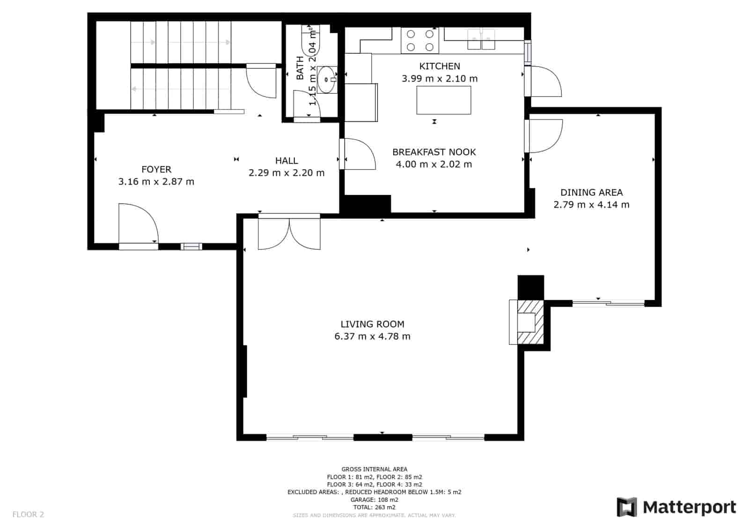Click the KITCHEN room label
point(440,66)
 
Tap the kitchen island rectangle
point(443,100)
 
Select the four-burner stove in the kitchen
point(420,40)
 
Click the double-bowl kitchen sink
point(481,38)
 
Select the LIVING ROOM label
point(372,324)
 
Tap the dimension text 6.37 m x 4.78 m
point(372,336)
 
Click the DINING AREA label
point(591,192)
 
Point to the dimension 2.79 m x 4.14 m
point(591,204)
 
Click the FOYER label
point(156,169)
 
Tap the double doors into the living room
point(289,233)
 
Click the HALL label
point(286,161)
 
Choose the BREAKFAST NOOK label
point(434,152)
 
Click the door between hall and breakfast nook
point(358,154)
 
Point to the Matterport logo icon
point(626,507)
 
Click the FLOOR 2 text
point(28,515)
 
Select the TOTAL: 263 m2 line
point(374,507)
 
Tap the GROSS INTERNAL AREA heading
point(374,469)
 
